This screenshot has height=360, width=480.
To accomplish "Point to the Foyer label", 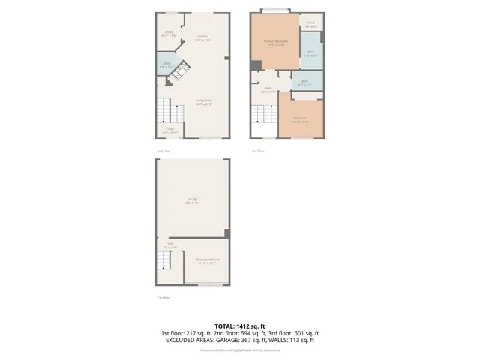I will pos(170,130).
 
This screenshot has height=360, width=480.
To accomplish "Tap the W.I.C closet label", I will pos(311,25).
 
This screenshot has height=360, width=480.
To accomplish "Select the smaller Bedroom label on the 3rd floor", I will pos(300,120).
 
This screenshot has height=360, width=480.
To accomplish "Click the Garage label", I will pos(193,200).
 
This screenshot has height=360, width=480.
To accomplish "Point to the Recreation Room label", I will pos(207,262).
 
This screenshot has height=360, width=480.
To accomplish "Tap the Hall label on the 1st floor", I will pos(170,244).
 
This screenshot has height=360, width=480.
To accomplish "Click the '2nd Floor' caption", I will pos(163,151).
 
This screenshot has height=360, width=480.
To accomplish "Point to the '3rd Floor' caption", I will pos(258,151).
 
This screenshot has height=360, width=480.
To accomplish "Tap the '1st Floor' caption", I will pos(163,298).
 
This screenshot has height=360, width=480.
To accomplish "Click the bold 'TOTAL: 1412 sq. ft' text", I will pos(240,325).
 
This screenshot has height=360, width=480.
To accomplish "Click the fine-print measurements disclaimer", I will pos(240,350).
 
